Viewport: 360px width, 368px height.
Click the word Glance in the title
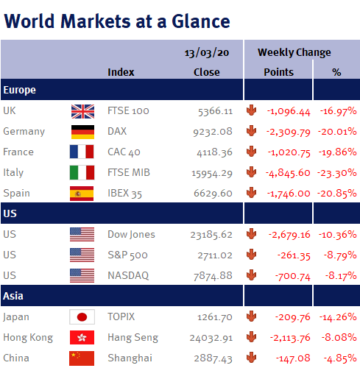click(x=201, y=21)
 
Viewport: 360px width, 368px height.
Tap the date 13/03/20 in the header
click(x=207, y=53)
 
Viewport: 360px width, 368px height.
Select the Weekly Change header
click(x=294, y=52)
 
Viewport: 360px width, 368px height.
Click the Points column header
click(x=278, y=72)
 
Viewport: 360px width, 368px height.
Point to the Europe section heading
click(x=20, y=90)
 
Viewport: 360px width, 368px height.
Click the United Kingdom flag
click(x=82, y=111)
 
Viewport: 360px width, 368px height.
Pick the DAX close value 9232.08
click(x=213, y=132)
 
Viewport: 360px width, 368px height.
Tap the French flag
click(x=82, y=152)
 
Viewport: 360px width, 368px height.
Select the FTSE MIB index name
click(x=129, y=172)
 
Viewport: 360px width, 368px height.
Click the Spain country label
click(x=16, y=194)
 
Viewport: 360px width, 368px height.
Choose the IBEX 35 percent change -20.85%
click(x=337, y=194)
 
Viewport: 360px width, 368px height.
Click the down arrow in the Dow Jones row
click(x=251, y=233)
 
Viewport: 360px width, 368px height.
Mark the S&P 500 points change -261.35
click(x=294, y=255)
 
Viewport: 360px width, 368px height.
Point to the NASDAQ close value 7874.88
click(x=213, y=276)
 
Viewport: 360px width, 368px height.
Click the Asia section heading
click(x=13, y=296)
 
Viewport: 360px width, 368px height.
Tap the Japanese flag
click(x=82, y=316)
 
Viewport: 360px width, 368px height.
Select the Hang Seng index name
click(x=133, y=338)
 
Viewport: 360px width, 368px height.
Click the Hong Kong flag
click(x=82, y=338)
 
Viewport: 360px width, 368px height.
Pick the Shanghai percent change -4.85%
click(x=340, y=358)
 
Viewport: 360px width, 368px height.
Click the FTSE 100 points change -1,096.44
click(x=289, y=111)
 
